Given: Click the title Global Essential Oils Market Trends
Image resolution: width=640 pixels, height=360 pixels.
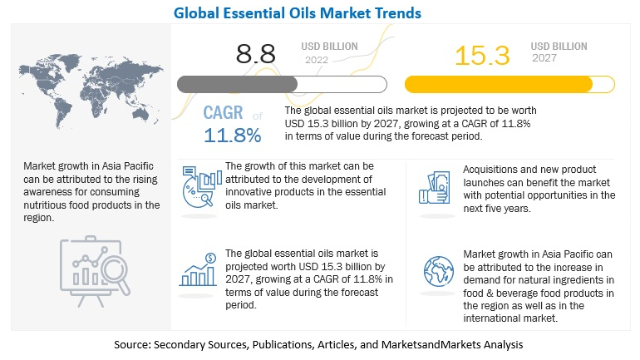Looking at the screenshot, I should click(321, 12).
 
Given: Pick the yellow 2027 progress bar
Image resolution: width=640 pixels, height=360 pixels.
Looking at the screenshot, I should click(509, 84).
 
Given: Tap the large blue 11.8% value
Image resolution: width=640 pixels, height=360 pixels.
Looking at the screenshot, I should click(233, 134).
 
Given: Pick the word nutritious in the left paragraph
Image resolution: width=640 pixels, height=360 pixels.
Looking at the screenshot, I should click(49, 205).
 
